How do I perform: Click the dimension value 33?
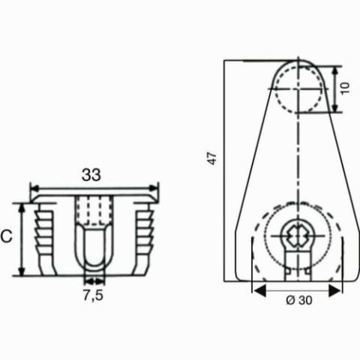pyautogui.click(x=91, y=175)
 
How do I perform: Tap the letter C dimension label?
pyautogui.click(x=7, y=236)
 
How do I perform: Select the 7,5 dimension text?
pyautogui.click(x=93, y=295)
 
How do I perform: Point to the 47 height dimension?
pyautogui.click(x=211, y=158)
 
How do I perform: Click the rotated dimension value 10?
pyautogui.click(x=345, y=88)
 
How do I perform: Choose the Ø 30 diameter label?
pyautogui.click(x=299, y=300)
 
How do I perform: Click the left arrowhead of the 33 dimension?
pyautogui.click(x=34, y=188)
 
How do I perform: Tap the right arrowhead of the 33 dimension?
pyautogui.click(x=153, y=188)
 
